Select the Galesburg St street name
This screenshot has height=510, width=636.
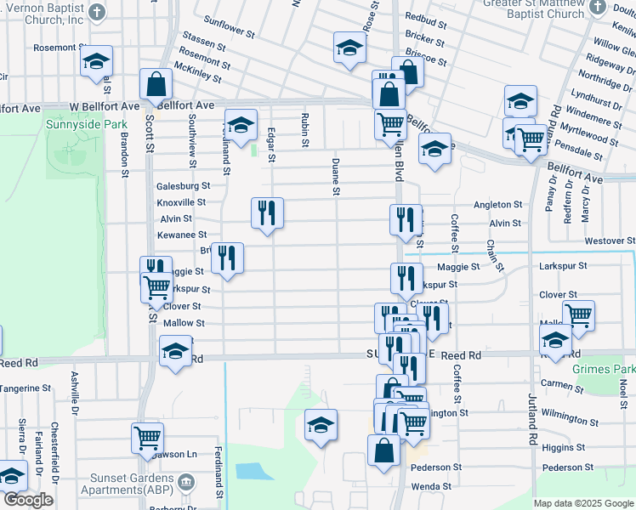(x=183, y=186)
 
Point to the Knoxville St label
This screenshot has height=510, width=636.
(x=180, y=203)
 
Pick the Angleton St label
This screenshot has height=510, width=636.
(x=497, y=205)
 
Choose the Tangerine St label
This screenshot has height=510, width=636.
(x=26, y=388)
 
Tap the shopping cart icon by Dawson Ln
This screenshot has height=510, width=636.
(x=147, y=438)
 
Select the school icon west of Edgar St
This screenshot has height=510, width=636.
(x=241, y=124)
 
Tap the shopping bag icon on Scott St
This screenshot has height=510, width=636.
(x=156, y=84)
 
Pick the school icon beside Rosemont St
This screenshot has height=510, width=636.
(x=97, y=61)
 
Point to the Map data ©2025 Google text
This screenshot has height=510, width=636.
(x=582, y=503)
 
